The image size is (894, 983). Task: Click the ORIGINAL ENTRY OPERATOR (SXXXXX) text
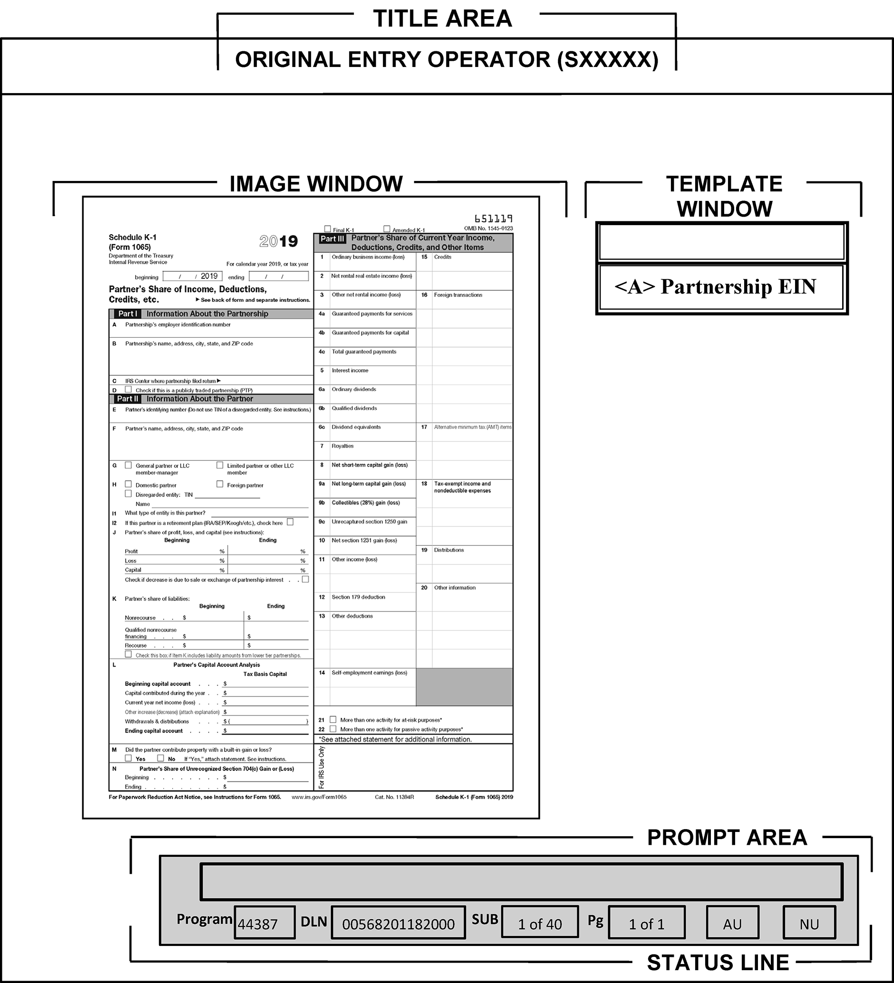pyautogui.click(x=447, y=60)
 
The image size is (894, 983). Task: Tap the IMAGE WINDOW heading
pyautogui.click(x=316, y=184)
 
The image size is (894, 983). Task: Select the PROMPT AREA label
pyautogui.click(x=727, y=838)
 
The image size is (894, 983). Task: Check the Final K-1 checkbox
pyautogui.click(x=328, y=229)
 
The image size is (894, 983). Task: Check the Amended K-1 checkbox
pyautogui.click(x=387, y=229)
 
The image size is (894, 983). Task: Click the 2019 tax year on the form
pyautogui.click(x=279, y=241)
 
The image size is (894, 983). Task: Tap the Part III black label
pyautogui.click(x=332, y=239)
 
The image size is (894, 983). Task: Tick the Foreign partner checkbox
pyautogui.click(x=220, y=484)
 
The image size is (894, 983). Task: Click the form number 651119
pyautogui.click(x=493, y=219)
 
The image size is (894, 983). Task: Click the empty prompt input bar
pyautogui.click(x=521, y=882)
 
